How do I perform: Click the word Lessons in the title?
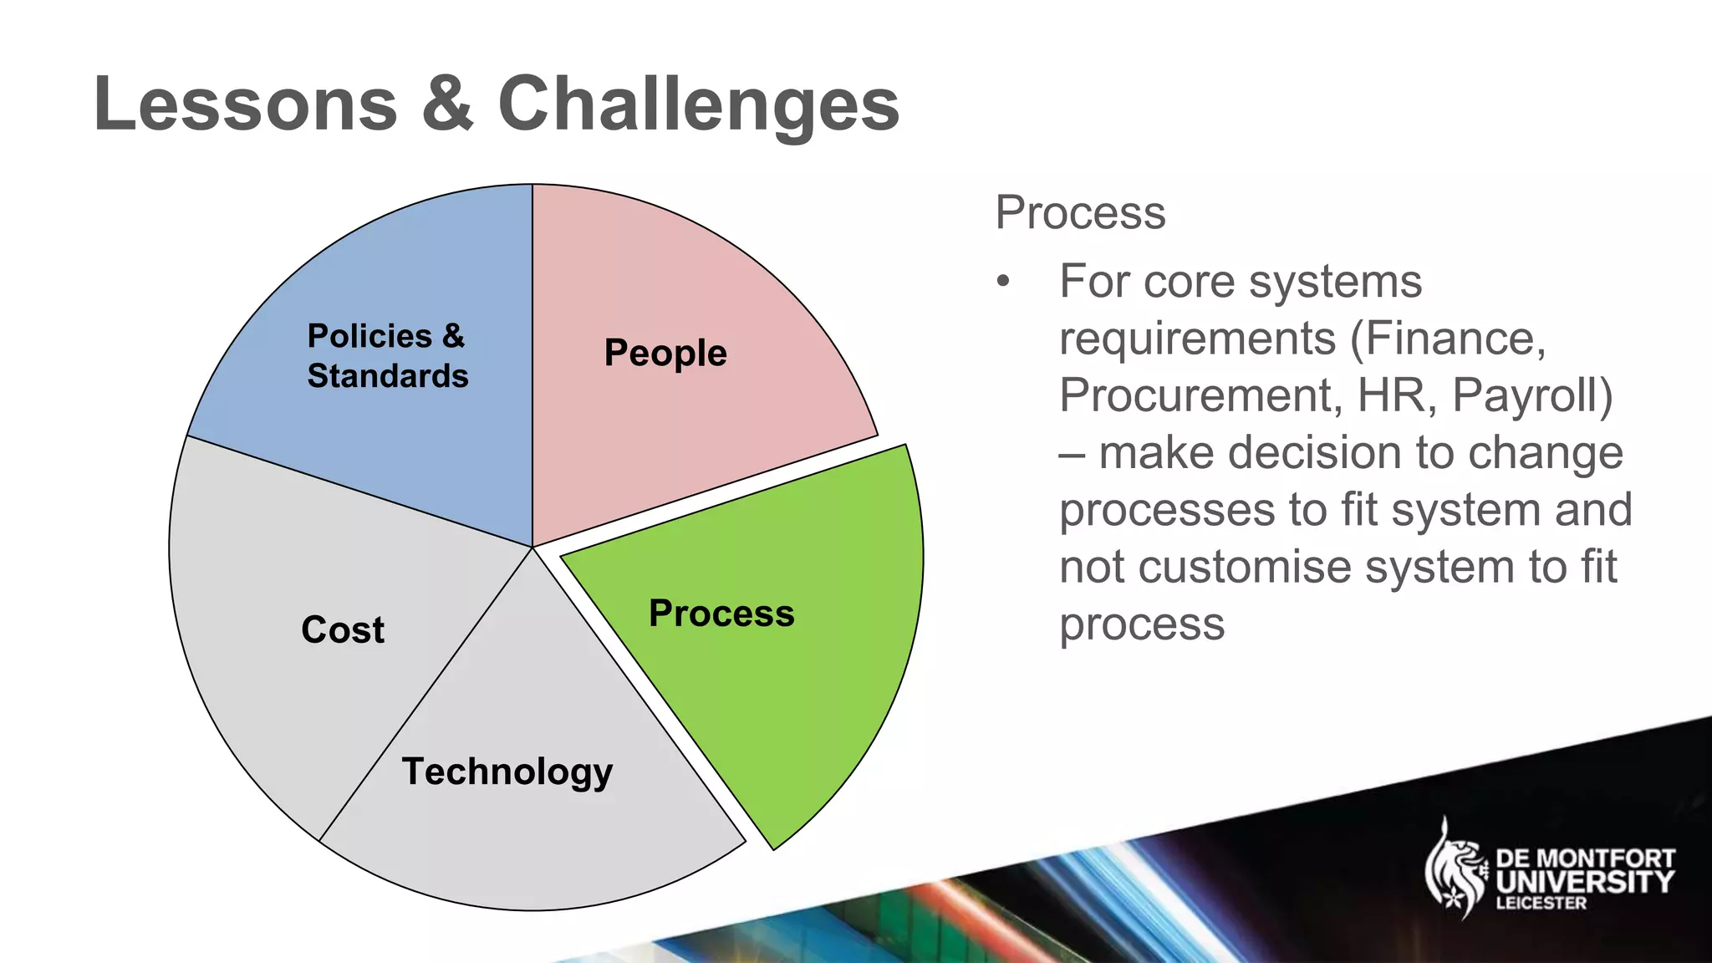(245, 104)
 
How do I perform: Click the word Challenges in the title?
(699, 105)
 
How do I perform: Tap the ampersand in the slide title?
(447, 104)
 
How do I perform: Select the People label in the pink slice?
(665, 352)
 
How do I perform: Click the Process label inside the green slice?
(721, 613)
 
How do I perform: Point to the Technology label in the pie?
(507, 771)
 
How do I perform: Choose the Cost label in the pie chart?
(343, 629)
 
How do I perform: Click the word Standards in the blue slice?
(388, 375)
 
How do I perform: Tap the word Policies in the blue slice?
(369, 335)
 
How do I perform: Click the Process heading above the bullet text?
(1080, 212)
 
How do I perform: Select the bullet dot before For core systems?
(1003, 282)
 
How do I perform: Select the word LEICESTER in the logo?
(1541, 904)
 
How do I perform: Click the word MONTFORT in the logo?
(1605, 859)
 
